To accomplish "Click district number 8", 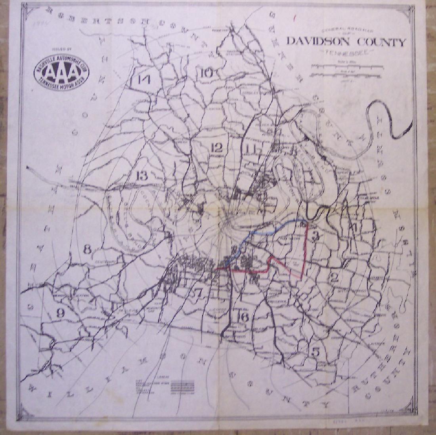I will click(88, 249).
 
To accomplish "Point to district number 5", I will click(316, 351).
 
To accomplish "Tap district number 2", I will click(334, 278).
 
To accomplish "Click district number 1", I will click(356, 227).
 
